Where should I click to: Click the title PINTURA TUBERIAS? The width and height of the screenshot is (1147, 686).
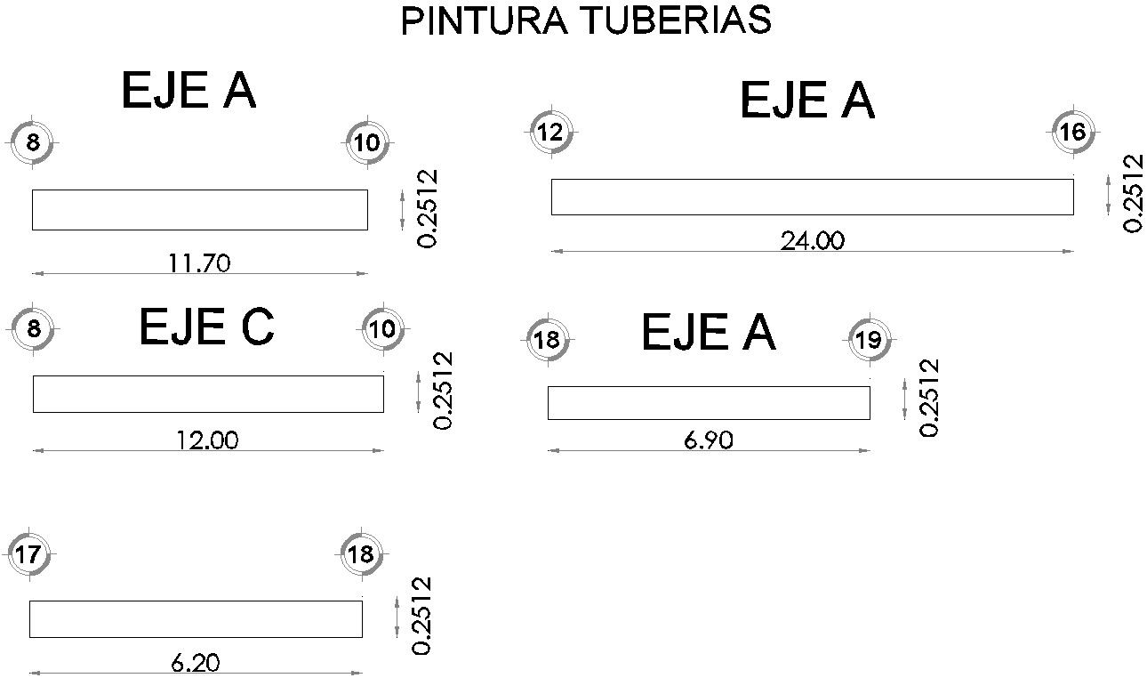(586, 20)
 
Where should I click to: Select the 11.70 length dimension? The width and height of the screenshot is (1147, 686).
(199, 262)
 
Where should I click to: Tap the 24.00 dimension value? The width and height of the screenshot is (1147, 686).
(812, 241)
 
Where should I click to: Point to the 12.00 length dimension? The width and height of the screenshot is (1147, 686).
(207, 440)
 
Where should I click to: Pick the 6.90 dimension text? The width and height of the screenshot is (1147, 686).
(709, 440)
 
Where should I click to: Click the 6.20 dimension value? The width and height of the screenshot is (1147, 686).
(196, 663)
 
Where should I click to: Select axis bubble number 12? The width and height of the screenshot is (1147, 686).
(550, 133)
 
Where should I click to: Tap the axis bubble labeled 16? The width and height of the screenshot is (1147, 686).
(1073, 133)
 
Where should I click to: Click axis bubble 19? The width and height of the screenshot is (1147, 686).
(869, 340)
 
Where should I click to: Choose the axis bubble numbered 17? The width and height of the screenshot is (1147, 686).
(28, 555)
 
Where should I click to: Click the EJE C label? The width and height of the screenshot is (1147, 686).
(206, 327)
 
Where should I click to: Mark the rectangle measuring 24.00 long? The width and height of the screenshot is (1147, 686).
(812, 197)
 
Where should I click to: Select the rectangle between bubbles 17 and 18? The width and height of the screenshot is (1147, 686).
(196, 619)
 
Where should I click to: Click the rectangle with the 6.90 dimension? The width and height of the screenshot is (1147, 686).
(709, 403)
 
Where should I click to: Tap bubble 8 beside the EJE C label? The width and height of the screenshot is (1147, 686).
(34, 328)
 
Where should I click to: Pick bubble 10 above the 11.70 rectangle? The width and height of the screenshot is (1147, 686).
(367, 142)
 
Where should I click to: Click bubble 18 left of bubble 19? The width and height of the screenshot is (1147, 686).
(549, 340)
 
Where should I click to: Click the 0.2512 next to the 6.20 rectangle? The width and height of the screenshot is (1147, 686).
(423, 616)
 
